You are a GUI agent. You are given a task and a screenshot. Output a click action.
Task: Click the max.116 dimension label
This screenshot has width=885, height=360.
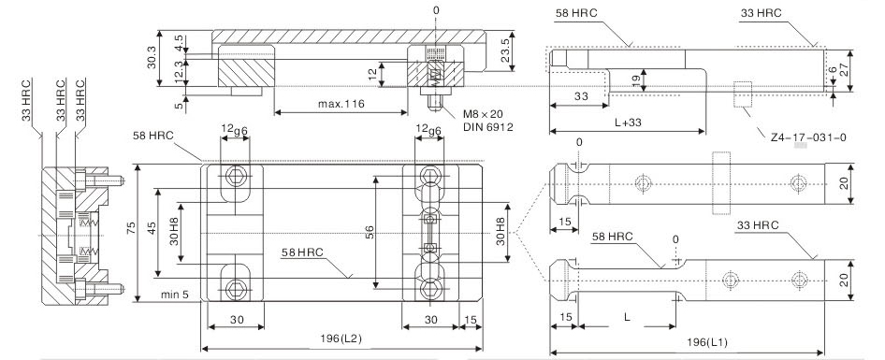coord(341,104)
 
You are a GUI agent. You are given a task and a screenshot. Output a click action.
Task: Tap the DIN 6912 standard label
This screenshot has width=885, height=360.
coord(488,127)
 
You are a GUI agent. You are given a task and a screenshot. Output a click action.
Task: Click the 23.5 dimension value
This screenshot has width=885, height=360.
coord(506,50)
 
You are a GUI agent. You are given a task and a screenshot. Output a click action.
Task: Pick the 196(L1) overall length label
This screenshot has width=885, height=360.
coord(707,342)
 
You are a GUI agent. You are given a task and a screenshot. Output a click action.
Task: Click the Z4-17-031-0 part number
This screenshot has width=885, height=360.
coord(808,137)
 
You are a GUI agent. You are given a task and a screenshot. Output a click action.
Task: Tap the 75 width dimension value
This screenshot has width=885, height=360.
coord(131,228)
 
